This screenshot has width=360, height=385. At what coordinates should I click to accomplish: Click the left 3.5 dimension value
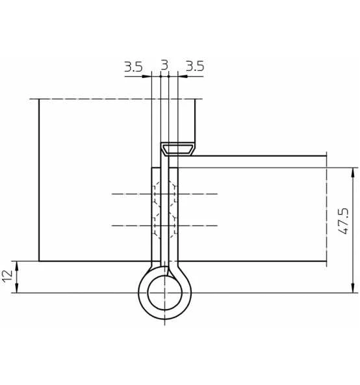[133, 67]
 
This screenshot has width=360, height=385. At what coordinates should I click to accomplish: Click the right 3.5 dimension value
[195, 66]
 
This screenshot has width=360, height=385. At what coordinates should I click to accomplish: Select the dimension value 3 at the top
[164, 65]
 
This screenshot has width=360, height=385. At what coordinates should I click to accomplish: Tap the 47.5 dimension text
[343, 221]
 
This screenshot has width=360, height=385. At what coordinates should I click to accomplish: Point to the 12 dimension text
[8, 276]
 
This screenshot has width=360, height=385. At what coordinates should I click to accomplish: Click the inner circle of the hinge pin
[164, 293]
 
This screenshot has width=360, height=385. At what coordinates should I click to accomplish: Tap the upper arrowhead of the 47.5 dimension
[353, 172]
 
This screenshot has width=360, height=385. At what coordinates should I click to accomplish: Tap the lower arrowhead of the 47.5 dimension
[353, 288]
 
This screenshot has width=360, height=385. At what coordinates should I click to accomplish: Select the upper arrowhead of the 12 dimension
[17, 266]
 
